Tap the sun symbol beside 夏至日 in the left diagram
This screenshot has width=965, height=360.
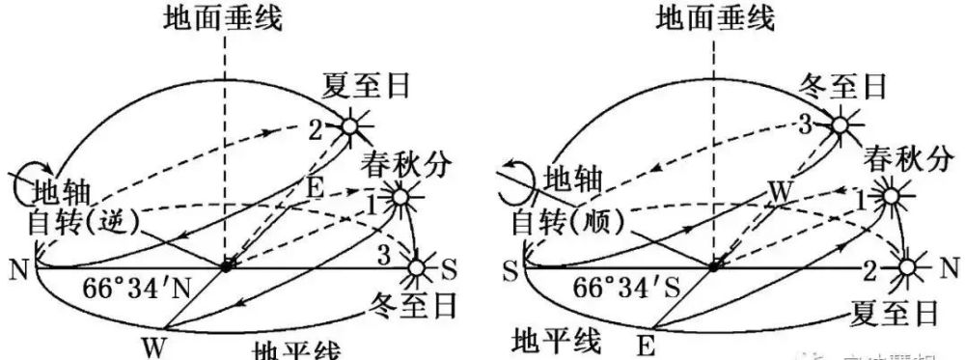[353, 126]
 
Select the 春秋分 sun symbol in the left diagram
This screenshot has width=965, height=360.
[398, 197]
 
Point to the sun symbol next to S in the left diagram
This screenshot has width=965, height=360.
[418, 266]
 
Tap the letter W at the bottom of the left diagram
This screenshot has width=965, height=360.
[152, 342]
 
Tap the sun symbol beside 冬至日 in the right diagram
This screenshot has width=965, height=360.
[841, 126]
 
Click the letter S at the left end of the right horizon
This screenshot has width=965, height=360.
[509, 265]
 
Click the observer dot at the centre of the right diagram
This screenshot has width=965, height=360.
[714, 265]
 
